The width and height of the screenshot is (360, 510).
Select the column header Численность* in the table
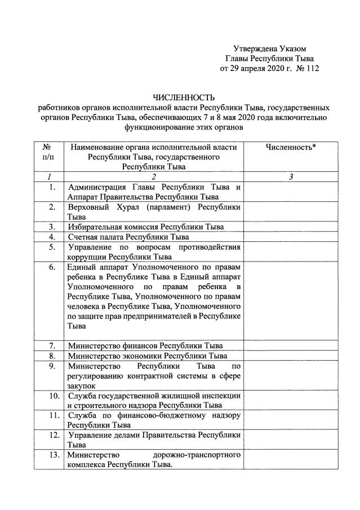[290, 147]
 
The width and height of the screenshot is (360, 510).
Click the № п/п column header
[48, 152]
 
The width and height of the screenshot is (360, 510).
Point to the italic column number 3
[290, 177]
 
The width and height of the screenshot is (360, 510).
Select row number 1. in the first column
[52, 187]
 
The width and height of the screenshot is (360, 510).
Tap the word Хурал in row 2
[132, 207]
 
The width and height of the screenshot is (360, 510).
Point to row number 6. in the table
[52, 267]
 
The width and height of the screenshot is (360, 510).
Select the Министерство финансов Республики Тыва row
[145, 345]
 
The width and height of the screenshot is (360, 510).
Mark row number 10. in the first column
[54, 396]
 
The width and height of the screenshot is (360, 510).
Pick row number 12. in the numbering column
[54, 435]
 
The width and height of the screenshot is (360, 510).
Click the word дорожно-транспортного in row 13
[197, 454]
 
